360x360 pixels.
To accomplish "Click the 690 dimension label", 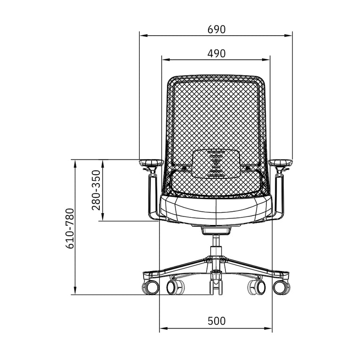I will pyautogui.click(x=216, y=29).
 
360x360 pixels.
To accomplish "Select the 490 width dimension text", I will pyautogui.click(x=216, y=54).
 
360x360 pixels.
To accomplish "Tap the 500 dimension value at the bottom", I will pyautogui.click(x=216, y=321).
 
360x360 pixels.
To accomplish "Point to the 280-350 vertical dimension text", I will pyautogui.click(x=96, y=190).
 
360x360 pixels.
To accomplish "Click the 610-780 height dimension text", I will pyautogui.click(x=70, y=228).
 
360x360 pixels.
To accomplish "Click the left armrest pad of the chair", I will pyautogui.click(x=151, y=163).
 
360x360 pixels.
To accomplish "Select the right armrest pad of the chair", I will pyautogui.click(x=280, y=163).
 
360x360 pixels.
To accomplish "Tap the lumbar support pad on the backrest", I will pyautogui.click(x=217, y=163).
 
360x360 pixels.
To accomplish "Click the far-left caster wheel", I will pyautogui.click(x=150, y=287).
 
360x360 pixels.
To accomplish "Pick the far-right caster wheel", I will pyautogui.click(x=282, y=287).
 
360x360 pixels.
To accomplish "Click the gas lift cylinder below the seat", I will pyautogui.click(x=216, y=245).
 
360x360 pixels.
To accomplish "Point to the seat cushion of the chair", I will pyautogui.click(x=216, y=207).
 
